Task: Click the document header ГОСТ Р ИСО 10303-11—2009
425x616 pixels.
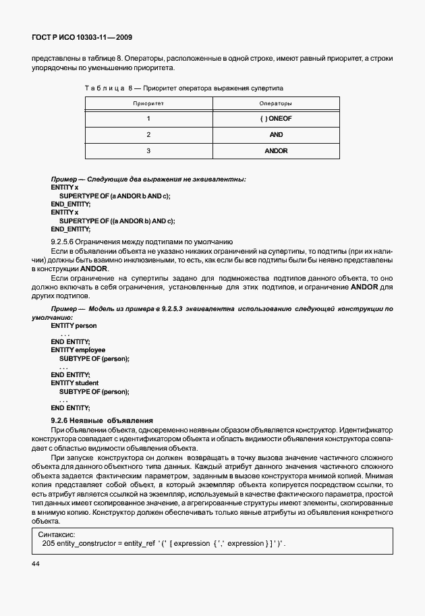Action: [x=86, y=38]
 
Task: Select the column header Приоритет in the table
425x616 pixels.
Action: [x=148, y=103]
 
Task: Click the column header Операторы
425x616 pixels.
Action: [x=276, y=103]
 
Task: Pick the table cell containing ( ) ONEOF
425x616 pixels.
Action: [x=276, y=119]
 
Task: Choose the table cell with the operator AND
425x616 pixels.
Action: [x=276, y=135]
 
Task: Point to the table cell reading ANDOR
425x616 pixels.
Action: [x=276, y=150]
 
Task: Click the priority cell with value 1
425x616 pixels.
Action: [x=148, y=119]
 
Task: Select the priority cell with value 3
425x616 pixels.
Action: [x=148, y=150]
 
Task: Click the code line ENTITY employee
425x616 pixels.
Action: [x=78, y=350]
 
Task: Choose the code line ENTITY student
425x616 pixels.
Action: [x=74, y=383]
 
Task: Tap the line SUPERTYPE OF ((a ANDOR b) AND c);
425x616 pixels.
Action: [x=117, y=221]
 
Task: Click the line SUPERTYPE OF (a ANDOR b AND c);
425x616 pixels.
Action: [x=115, y=196]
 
